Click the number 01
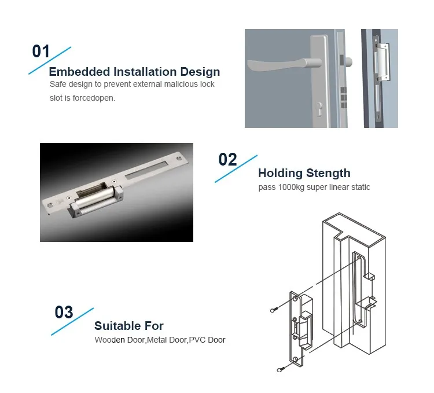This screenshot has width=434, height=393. click(41, 51)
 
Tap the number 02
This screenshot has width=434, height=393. click(227, 159)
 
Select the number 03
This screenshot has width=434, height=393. click(64, 312)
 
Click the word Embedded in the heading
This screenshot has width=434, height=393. click(79, 72)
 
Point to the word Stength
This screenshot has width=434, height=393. click(329, 173)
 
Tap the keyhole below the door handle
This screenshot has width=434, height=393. click(319, 109)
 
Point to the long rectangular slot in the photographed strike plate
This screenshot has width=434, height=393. click(146, 170)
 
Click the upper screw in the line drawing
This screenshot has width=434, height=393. click(274, 310)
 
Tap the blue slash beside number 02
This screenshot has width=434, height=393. click(236, 168)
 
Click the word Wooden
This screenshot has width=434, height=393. click(109, 340)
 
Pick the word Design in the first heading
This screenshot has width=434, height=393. click(200, 72)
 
